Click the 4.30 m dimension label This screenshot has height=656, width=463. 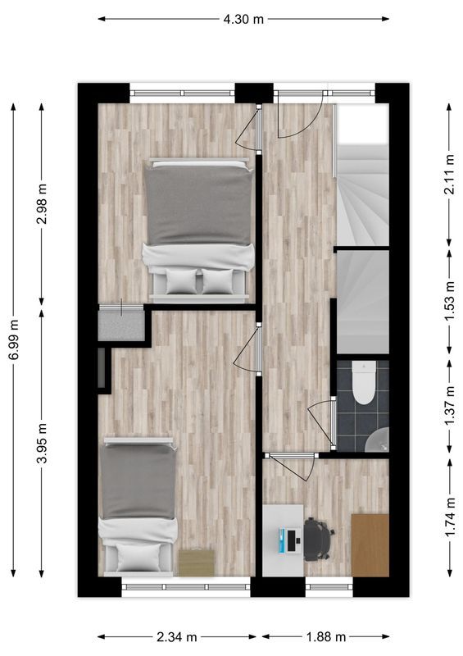(x=243, y=18)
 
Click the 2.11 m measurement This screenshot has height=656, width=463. (x=448, y=173)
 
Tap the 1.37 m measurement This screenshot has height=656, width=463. (x=448, y=405)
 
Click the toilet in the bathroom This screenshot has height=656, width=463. (x=363, y=381)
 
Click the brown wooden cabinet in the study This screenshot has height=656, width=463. (x=370, y=544)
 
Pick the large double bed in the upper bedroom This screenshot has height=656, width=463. (x=198, y=225)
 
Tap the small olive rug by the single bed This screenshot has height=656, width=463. (x=196, y=562)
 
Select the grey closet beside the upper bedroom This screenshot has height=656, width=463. (x=120, y=324)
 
